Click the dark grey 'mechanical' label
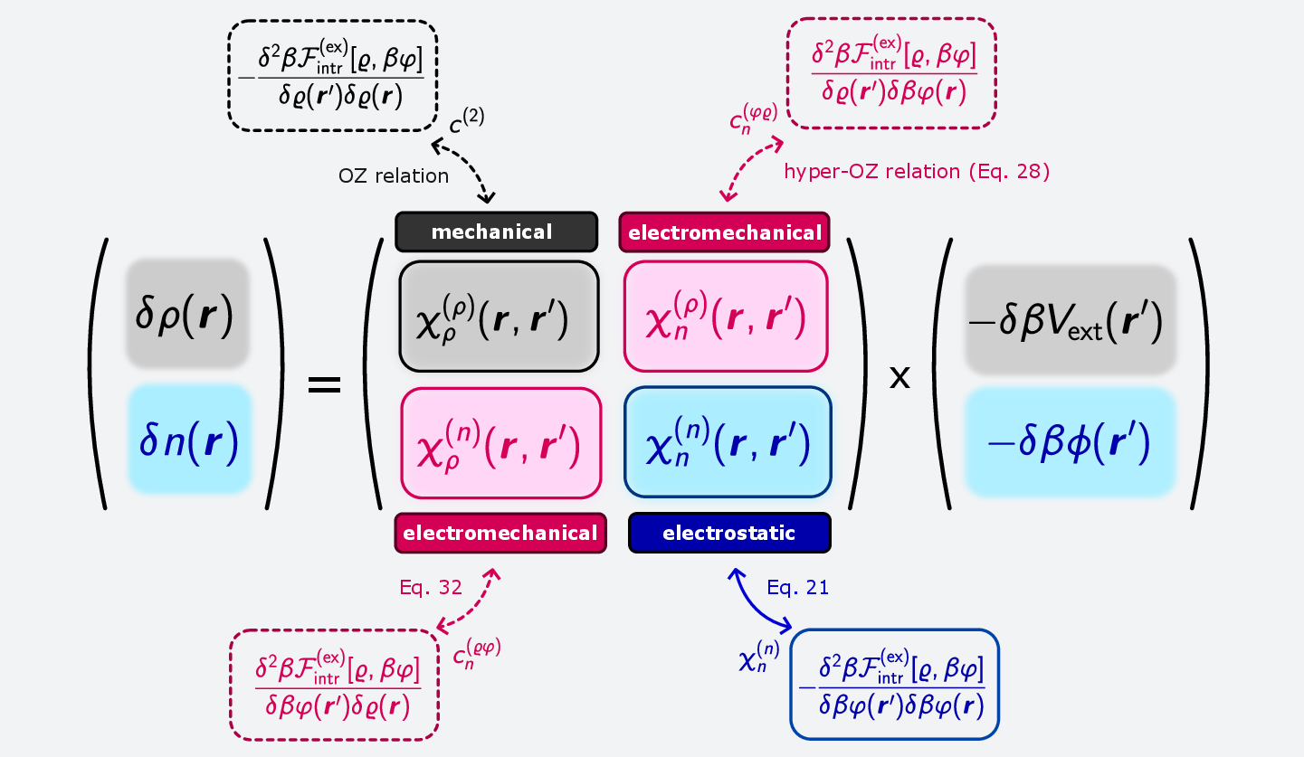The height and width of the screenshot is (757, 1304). (496, 232)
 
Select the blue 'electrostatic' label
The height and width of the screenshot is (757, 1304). (729, 533)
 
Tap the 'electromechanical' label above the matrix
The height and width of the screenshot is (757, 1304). (724, 232)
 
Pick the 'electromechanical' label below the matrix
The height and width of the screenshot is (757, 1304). (500, 533)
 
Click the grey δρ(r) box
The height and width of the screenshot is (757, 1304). (186, 314)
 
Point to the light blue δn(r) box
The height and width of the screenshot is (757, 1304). (189, 439)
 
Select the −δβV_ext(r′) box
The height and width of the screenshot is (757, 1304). (1070, 319)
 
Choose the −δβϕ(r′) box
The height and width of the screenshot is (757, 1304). (1070, 442)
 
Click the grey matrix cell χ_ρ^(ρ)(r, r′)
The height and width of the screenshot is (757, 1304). (499, 317)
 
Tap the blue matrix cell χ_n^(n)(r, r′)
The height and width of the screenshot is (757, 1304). (728, 442)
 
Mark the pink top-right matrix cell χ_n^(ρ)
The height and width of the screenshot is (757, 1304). (725, 317)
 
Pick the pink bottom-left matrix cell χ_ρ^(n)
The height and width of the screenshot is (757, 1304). (501, 442)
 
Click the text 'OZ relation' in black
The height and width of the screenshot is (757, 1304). (394, 175)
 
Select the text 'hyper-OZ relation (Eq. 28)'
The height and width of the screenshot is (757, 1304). (916, 172)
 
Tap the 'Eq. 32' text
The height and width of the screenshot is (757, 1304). (431, 588)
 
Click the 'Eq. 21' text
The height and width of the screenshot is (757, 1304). (798, 588)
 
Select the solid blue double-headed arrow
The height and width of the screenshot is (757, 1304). (759, 601)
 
